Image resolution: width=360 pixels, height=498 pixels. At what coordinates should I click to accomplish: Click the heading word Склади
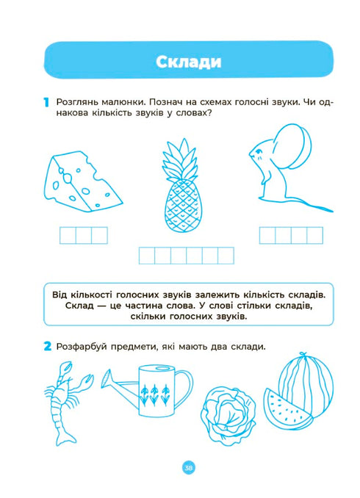[x=189, y=62]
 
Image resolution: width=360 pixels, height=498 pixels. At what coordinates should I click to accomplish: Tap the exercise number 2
[x=47, y=346]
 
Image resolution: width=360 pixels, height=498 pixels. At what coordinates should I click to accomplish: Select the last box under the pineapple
[x=226, y=256]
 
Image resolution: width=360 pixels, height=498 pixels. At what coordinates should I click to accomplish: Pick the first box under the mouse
[x=267, y=235]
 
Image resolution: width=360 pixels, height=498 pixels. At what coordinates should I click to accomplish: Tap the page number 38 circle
[x=188, y=469]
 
